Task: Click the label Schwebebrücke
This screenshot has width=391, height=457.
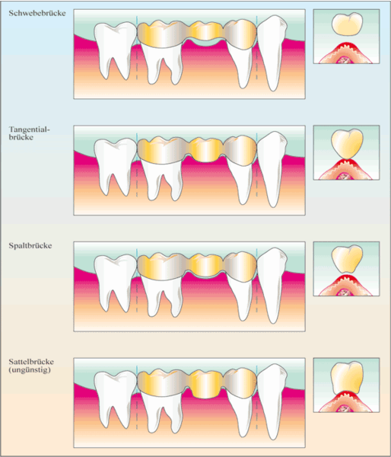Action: pyautogui.click(x=37, y=13)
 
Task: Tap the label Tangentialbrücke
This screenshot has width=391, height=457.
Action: pyautogui.click(x=30, y=133)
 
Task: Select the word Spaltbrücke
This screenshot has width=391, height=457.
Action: pyautogui.click(x=30, y=246)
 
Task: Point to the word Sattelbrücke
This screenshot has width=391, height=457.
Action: pyautogui.click(x=31, y=362)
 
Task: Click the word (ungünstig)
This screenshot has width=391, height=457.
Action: pyautogui.click(x=30, y=370)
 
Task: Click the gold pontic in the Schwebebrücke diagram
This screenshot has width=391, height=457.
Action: pyautogui.click(x=205, y=31)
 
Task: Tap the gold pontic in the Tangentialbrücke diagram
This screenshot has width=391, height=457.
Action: pyautogui.click(x=205, y=149)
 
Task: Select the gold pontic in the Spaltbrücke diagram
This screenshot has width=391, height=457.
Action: pyautogui.click(x=205, y=265)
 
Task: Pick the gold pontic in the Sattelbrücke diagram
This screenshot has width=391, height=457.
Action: pyautogui.click(x=205, y=385)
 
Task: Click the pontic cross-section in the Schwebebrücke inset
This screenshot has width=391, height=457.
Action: pyautogui.click(x=347, y=24)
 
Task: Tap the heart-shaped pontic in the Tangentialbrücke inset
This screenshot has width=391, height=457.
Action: pyautogui.click(x=348, y=144)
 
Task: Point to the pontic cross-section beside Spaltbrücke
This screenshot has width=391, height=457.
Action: pyautogui.click(x=347, y=259)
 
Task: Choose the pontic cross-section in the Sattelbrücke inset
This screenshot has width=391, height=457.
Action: pyautogui.click(x=348, y=378)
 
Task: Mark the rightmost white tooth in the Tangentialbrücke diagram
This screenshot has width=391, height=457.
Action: pyautogui.click(x=272, y=169)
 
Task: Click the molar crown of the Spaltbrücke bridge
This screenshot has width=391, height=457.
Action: pyautogui.click(x=162, y=267)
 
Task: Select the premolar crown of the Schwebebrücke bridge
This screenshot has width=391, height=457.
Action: pyautogui.click(x=240, y=34)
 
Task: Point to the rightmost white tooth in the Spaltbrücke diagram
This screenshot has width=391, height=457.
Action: pyautogui.click(x=272, y=286)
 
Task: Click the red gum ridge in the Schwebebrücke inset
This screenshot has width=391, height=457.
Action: pyautogui.click(x=346, y=49)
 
